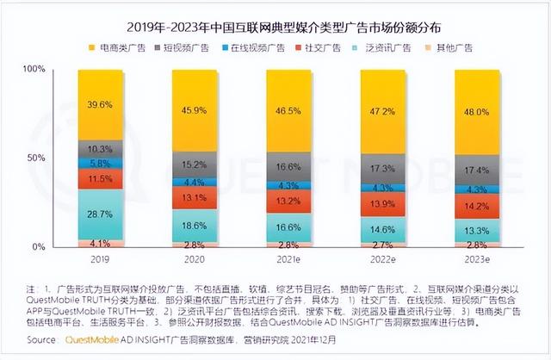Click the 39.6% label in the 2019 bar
100,106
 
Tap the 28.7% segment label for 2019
100,213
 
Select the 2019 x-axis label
100,258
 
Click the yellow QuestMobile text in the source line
95,340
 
